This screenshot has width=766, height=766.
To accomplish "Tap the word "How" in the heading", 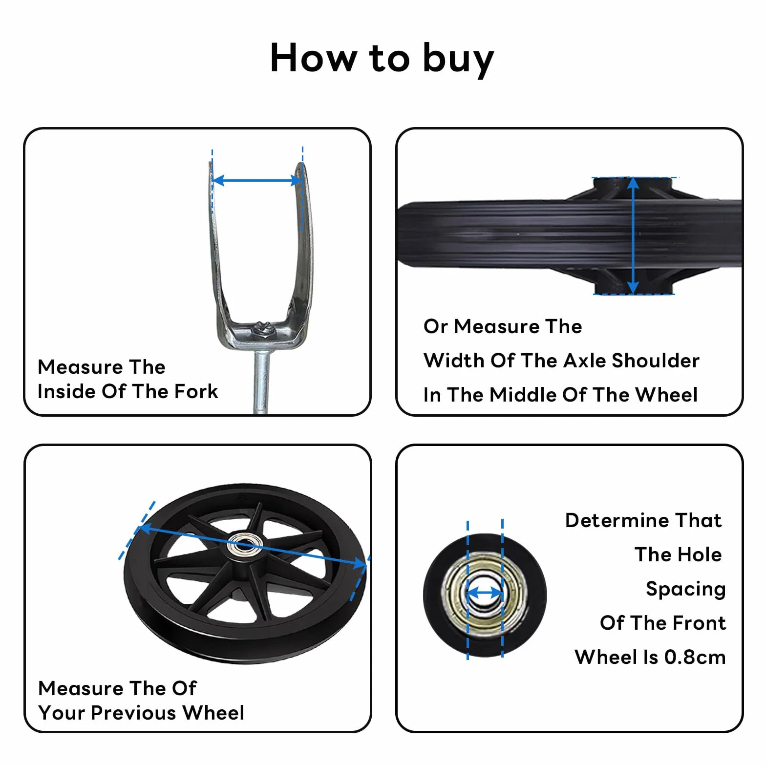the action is click(314, 58).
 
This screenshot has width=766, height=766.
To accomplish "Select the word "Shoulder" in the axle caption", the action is click(656, 361).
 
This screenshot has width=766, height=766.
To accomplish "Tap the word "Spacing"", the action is click(685, 590).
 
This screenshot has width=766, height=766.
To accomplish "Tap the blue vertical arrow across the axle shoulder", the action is click(633, 235).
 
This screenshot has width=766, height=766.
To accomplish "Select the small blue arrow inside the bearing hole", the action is click(485, 594).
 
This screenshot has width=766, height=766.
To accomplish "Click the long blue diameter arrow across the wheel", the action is click(252, 546).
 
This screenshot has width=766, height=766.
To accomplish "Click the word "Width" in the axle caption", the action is click(454, 361).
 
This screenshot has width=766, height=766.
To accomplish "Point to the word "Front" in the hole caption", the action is click(701, 623).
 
